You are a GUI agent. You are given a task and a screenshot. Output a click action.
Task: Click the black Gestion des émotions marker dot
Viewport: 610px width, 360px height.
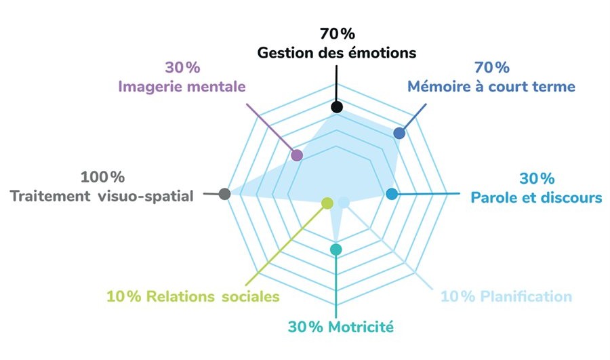pos(336,108)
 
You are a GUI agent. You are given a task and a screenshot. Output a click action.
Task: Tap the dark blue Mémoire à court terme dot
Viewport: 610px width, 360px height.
pos(399,134)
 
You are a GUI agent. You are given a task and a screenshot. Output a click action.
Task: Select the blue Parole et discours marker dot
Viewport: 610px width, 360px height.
pos(391,195)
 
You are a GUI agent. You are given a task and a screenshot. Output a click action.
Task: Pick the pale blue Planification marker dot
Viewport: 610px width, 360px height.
pos(344,202)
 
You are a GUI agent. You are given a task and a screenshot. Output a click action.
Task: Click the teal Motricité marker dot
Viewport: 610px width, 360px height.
pos(336,249)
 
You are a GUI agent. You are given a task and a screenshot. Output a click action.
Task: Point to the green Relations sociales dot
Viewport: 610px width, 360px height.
pos(327,202)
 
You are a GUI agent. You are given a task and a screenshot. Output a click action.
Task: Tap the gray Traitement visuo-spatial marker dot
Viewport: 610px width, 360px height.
pos(225,194)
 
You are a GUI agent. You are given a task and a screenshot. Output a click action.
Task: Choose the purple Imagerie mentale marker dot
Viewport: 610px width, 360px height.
pos(296,155)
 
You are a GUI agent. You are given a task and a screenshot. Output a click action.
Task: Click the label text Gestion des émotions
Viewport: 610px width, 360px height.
pos(337,52)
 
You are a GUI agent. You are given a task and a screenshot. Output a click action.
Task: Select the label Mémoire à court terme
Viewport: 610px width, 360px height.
pos(491,87)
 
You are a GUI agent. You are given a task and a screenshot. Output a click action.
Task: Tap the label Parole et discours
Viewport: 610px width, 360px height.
pos(536,198)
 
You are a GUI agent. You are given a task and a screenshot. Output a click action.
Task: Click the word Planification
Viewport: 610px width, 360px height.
pos(526,296)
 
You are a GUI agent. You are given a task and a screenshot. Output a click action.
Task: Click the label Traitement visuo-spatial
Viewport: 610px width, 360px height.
pos(102,196)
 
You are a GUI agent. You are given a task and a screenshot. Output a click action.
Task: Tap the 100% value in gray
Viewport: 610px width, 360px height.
pos(103,177)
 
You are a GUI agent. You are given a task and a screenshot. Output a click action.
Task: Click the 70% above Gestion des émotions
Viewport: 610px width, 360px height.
pos(337,33)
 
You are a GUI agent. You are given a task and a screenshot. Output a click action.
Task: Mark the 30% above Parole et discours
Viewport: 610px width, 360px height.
pos(537,179)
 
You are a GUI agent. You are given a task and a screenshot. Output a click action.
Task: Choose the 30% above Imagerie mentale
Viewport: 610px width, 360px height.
pos(182,68)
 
